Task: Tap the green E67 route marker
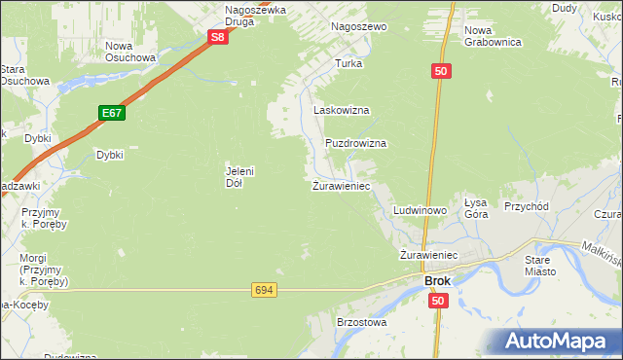111,114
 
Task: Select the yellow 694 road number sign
263,290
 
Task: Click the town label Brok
437,281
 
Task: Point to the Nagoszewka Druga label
255,16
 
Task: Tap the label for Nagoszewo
359,27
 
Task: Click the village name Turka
348,63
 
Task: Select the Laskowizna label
341,111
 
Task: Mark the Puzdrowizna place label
355,143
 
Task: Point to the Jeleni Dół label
239,177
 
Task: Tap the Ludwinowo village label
420,210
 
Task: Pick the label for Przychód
527,206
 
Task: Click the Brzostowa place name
361,322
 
